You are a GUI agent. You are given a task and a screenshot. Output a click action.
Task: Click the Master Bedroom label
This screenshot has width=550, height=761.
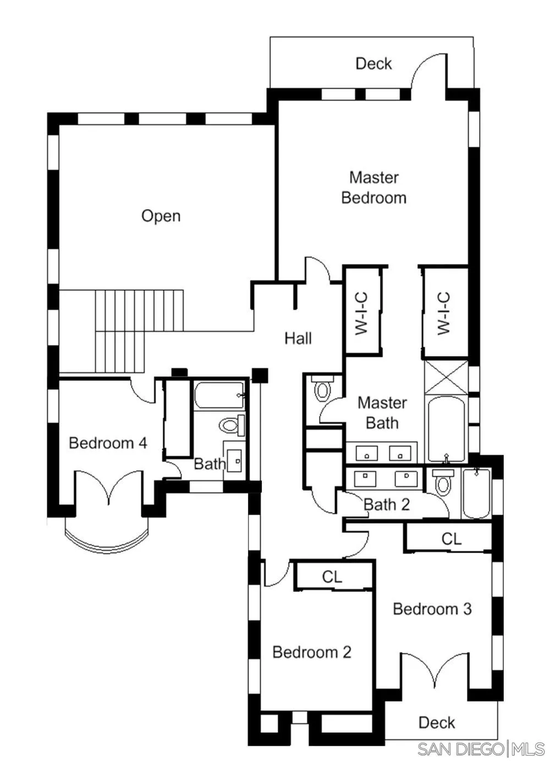point(373,188)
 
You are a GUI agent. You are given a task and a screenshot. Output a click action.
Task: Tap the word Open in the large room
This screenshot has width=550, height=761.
point(161,216)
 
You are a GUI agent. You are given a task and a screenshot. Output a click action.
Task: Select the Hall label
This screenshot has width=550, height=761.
point(298,338)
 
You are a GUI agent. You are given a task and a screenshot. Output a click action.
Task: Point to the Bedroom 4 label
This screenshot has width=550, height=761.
point(108,443)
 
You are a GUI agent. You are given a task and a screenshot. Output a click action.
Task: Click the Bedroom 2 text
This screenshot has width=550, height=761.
point(311,652)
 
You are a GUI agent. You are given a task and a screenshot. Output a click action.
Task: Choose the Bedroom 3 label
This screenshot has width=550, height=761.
point(432,609)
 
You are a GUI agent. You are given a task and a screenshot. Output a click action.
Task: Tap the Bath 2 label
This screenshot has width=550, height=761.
point(387,504)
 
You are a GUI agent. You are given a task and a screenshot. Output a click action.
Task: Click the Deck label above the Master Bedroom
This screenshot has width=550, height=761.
point(373,64)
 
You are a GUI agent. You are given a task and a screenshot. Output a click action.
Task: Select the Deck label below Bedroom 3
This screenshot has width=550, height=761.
point(437,723)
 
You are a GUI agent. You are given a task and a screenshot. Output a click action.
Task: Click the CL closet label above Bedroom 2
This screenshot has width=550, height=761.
point(332,577)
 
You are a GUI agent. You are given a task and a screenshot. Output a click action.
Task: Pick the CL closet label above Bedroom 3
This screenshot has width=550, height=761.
point(451,539)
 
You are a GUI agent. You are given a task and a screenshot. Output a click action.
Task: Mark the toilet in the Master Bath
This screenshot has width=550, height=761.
point(322,389)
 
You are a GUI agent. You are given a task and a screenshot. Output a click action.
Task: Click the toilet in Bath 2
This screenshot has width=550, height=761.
point(443,483)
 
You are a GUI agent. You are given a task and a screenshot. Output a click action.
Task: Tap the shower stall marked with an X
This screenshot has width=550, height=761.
point(446,377)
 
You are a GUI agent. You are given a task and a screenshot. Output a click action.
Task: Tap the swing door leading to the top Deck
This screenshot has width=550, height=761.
point(429,71)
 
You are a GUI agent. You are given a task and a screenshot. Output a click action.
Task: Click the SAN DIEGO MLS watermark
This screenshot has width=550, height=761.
point(481,749)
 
